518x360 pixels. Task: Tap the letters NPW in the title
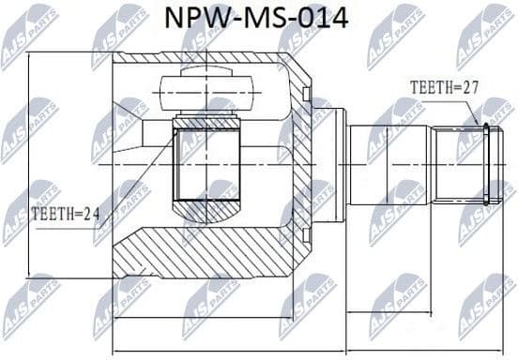click(200, 18)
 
